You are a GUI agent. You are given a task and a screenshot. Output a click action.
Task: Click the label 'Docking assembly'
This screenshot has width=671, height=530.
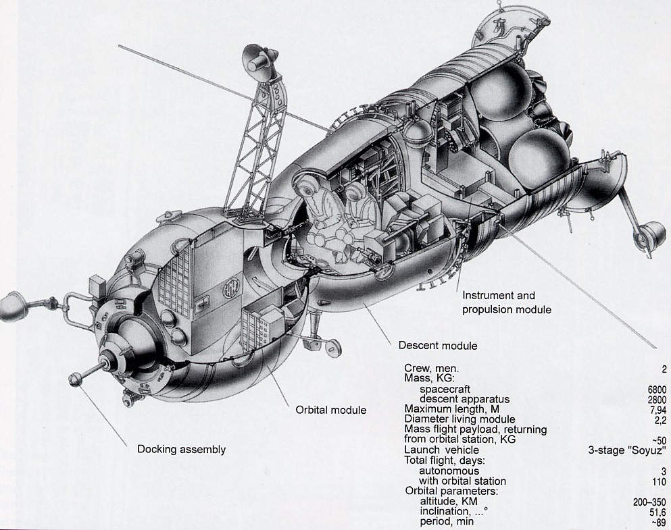tap(181, 450)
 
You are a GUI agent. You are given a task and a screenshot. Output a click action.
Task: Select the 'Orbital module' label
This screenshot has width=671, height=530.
tap(330, 410)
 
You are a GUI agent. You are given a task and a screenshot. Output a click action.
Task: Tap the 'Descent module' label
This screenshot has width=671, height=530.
tap(437, 346)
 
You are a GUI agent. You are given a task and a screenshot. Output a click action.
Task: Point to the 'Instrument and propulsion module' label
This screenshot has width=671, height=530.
tap(507, 302)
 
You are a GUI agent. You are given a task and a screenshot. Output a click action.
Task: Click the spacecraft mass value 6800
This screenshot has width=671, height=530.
tap(657, 390)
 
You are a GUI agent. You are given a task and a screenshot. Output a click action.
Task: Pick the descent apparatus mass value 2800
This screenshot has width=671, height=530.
tap(657, 400)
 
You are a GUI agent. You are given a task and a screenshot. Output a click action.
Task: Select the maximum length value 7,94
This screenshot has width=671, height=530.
tap(657, 410)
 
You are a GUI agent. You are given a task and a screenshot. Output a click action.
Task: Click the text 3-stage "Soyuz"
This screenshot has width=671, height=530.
tap(629, 450)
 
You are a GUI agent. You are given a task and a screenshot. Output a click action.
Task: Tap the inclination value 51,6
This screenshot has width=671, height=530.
tap(657, 512)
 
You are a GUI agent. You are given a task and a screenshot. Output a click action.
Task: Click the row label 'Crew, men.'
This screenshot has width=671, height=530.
tap(431, 368)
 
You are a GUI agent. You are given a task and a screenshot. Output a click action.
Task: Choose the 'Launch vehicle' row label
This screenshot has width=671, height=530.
tap(441, 450)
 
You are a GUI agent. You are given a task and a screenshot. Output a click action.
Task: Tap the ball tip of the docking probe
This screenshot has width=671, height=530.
tap(75, 379)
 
